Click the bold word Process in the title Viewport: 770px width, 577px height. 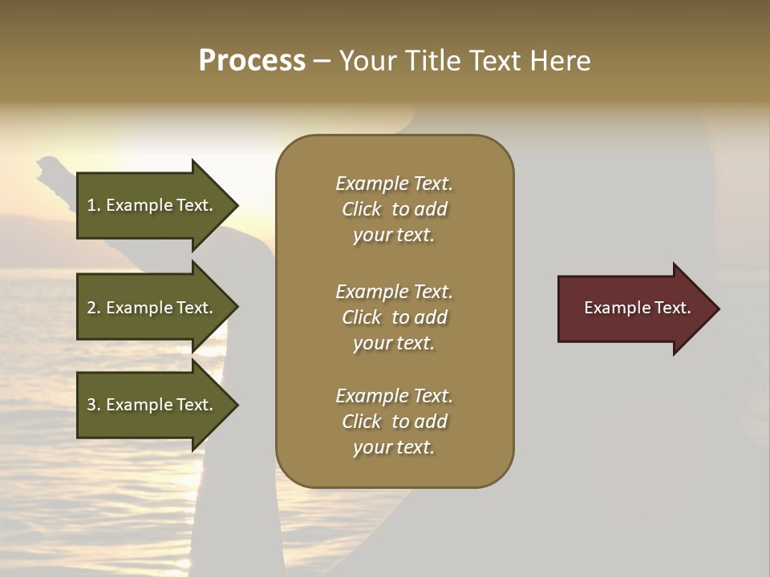[252, 61]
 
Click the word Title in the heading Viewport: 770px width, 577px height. [434, 61]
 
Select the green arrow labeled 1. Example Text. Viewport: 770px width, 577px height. [152, 205]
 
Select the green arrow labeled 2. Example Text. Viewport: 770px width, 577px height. [152, 308]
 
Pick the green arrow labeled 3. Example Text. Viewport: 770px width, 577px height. [152, 405]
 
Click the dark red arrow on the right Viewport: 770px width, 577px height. [634, 309]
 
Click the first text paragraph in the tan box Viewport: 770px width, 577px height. [394, 209]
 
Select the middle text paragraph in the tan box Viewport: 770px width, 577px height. [394, 317]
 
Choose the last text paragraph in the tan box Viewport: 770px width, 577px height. [394, 422]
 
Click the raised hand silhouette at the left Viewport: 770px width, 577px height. [51, 173]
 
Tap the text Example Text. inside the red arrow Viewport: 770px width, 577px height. [637, 308]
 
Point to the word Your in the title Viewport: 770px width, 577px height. [367, 61]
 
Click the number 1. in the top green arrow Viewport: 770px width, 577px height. [94, 205]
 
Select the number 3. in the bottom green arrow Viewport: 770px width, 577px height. [94, 405]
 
